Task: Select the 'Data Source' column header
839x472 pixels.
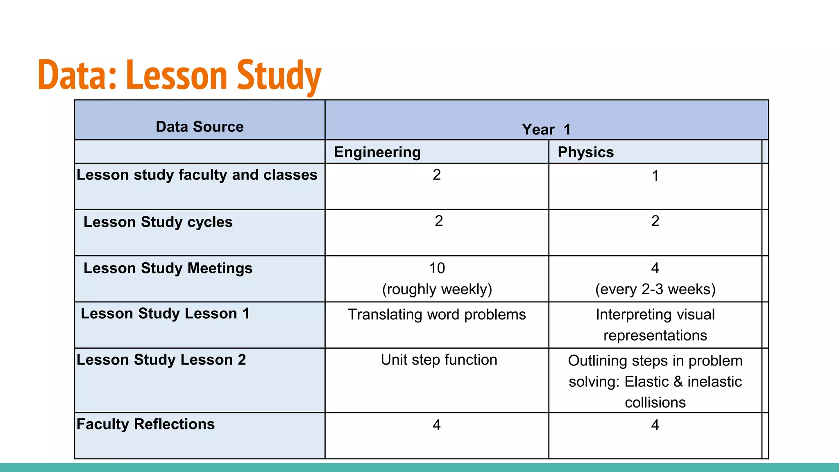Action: pos(200,127)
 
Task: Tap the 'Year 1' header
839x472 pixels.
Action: pos(546,129)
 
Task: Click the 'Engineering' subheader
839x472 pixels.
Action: pos(377,152)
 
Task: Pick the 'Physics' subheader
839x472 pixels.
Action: pos(585,152)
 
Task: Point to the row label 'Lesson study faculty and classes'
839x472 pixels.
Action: pos(197,175)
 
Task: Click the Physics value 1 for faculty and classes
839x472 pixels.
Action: pos(655,176)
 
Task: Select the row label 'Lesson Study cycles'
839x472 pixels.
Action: pos(158,222)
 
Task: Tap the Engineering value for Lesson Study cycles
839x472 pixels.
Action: pos(439,221)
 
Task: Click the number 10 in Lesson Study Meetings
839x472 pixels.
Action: pos(437,268)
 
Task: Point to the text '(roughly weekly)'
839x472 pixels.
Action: pos(437,289)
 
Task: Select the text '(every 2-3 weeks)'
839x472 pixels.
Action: pos(655,289)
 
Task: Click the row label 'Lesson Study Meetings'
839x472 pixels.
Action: pos(168,268)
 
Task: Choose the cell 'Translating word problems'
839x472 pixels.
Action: pos(437,315)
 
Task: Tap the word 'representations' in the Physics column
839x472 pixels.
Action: pos(655,336)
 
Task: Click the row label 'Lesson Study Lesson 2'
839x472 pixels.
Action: pos(161,360)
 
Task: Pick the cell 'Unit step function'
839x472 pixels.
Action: pos(439,360)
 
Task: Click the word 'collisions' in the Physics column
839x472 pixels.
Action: pos(655,402)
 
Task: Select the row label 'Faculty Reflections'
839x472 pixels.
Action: pos(145,424)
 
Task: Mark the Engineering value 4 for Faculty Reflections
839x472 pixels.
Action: pos(437,425)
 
